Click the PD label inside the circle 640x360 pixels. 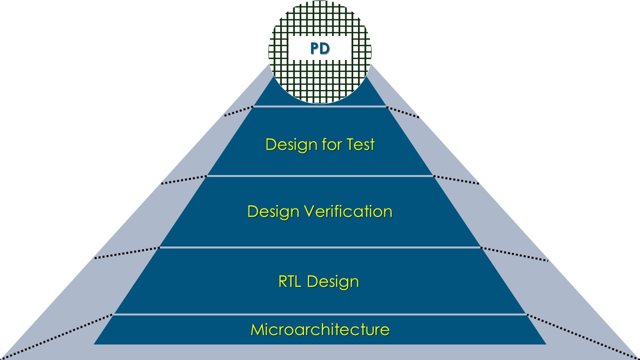(x=320, y=49)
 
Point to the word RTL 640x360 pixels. (x=290, y=281)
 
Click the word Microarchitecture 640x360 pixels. (x=320, y=330)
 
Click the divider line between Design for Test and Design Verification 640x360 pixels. (x=320, y=176)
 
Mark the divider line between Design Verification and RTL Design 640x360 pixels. (x=320, y=247)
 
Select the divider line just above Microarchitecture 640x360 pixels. (x=320, y=314)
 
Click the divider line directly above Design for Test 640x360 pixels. (x=320, y=106)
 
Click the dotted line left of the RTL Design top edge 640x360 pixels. (x=126, y=252)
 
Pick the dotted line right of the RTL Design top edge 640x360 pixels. (x=514, y=253)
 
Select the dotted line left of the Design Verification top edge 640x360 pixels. (x=183, y=180)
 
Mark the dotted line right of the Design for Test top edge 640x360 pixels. (x=403, y=112)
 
